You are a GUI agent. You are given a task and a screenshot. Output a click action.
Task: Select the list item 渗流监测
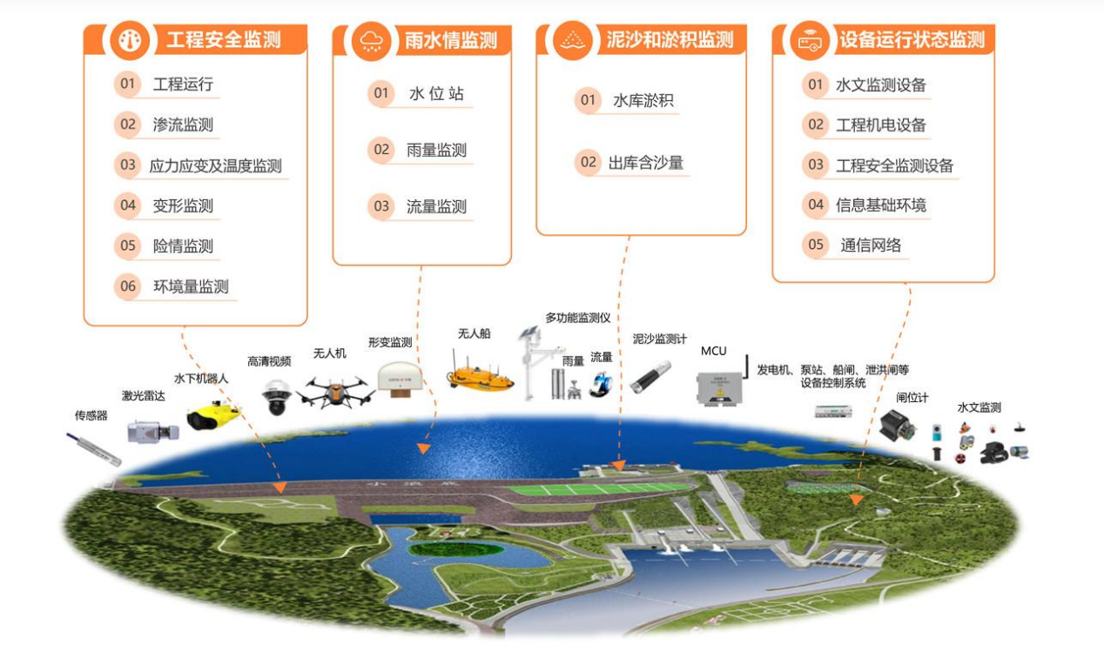click(x=183, y=124)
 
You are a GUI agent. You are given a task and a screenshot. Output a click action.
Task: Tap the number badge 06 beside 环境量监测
click(x=128, y=286)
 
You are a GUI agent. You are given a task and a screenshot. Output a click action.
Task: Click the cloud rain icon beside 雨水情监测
click(x=371, y=40)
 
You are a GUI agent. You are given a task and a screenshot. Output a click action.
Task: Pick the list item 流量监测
click(x=436, y=206)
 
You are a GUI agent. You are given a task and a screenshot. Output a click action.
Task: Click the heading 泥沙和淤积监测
click(x=670, y=40)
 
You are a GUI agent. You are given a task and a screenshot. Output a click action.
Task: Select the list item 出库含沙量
click(x=645, y=162)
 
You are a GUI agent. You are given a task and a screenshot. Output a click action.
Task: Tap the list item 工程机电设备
click(x=881, y=124)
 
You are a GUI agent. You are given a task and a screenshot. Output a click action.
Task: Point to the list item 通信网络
click(x=871, y=245)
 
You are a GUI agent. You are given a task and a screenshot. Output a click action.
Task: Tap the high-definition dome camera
click(x=276, y=396)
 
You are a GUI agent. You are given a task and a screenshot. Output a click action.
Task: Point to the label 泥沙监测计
click(x=659, y=339)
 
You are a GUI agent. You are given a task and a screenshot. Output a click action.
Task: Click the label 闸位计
click(x=912, y=398)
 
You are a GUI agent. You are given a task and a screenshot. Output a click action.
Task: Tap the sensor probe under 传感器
click(x=96, y=446)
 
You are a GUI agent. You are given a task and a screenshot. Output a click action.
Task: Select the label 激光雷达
click(x=143, y=396)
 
